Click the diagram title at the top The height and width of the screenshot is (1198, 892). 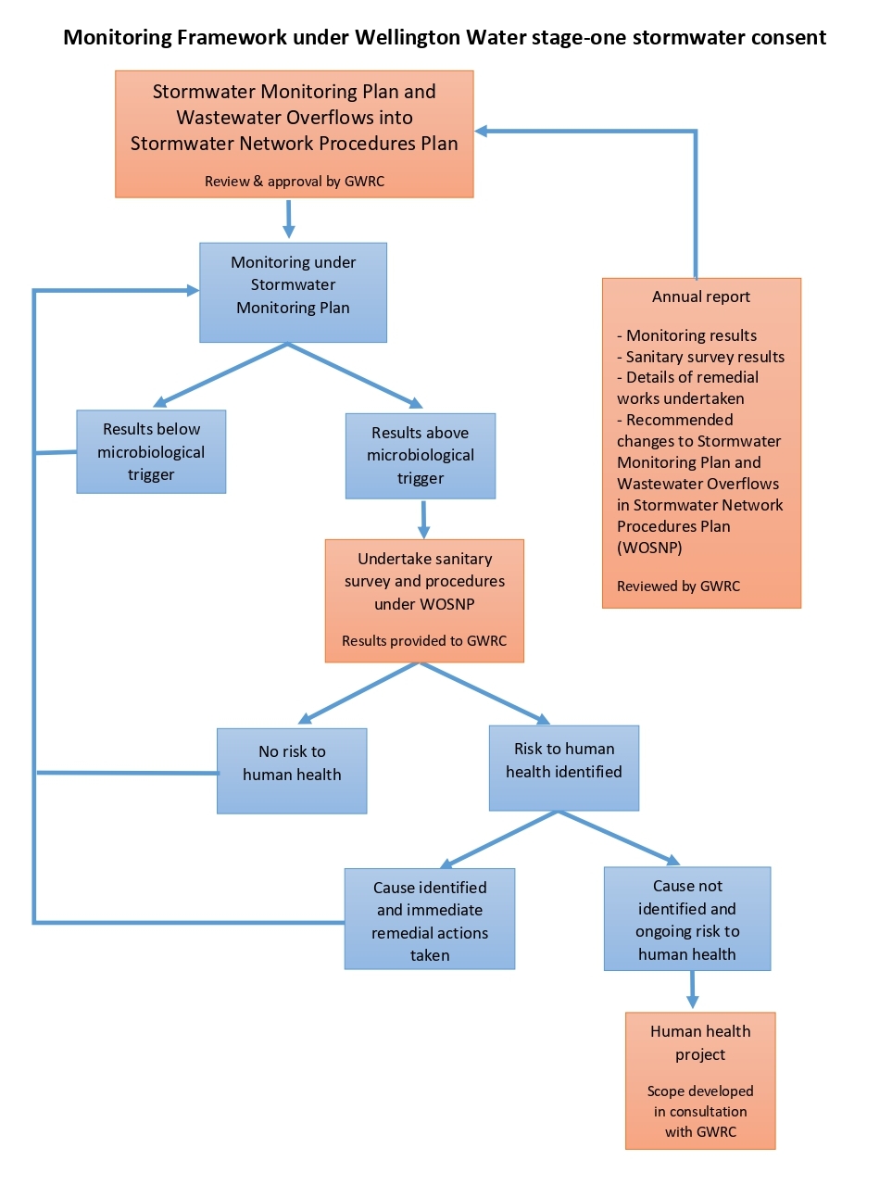[445, 38]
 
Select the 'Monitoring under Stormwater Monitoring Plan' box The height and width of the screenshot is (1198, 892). [293, 293]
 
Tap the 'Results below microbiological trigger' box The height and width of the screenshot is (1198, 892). [151, 452]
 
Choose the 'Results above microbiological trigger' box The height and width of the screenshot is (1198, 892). [421, 456]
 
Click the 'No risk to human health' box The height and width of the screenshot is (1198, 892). [292, 771]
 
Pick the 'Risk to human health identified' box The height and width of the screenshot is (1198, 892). [564, 767]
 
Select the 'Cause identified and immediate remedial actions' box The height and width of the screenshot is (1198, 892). [430, 919]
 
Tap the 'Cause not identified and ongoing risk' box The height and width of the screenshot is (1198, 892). [687, 919]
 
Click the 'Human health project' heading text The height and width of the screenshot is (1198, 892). [700, 1042]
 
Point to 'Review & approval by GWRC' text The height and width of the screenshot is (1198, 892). [295, 182]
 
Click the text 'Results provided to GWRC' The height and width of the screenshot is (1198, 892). [424, 641]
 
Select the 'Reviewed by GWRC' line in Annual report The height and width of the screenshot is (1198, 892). [679, 586]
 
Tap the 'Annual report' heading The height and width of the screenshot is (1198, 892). [701, 297]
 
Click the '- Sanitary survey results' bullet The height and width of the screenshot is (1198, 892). [701, 357]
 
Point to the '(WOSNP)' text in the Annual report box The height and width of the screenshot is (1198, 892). [649, 548]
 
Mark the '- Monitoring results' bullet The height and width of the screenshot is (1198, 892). [687, 335]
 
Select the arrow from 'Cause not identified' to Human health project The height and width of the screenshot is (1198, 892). [692, 991]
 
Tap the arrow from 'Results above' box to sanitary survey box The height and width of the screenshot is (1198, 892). [423, 519]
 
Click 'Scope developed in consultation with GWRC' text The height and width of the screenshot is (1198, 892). [700, 1112]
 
